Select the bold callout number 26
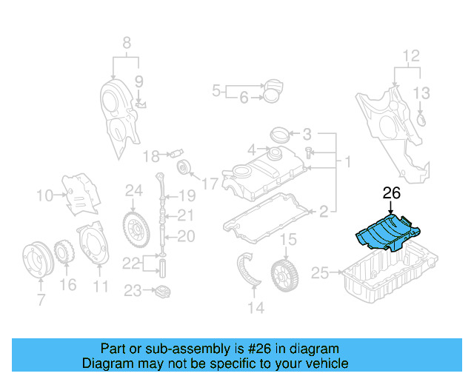click(391, 194)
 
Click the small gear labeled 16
click(65, 254)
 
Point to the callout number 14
click(256, 307)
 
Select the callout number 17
click(210, 183)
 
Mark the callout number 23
click(133, 291)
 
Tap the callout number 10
click(44, 196)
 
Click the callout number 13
click(421, 93)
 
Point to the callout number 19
click(186, 196)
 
